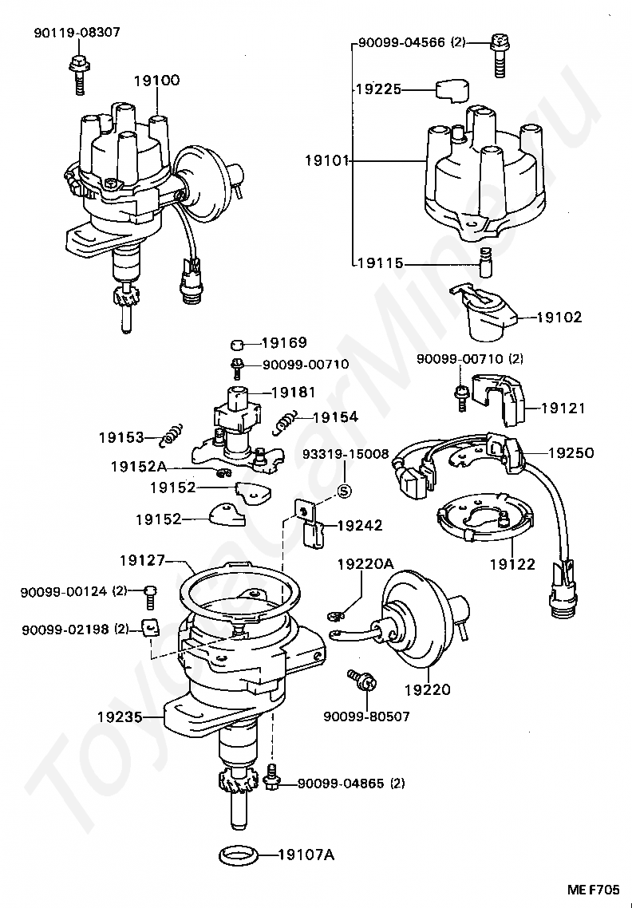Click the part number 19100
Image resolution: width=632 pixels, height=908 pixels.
[156, 80]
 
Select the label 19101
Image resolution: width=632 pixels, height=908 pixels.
[327, 160]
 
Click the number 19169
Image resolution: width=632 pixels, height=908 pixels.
[285, 344]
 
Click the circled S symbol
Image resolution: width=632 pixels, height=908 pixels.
[344, 490]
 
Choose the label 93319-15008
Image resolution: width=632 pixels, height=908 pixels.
[345, 454]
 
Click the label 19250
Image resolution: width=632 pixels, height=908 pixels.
[571, 452]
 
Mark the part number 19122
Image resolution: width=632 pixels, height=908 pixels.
[512, 564]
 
